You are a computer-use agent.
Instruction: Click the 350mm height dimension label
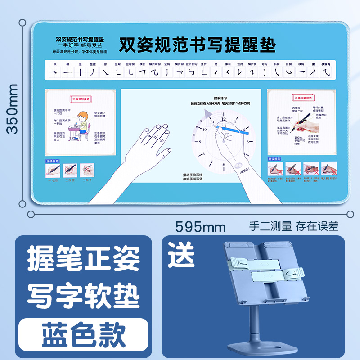click(12, 108)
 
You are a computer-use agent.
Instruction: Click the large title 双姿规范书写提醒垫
click(197, 45)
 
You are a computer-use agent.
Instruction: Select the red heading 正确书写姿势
click(81, 98)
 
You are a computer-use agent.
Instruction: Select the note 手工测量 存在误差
click(293, 225)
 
